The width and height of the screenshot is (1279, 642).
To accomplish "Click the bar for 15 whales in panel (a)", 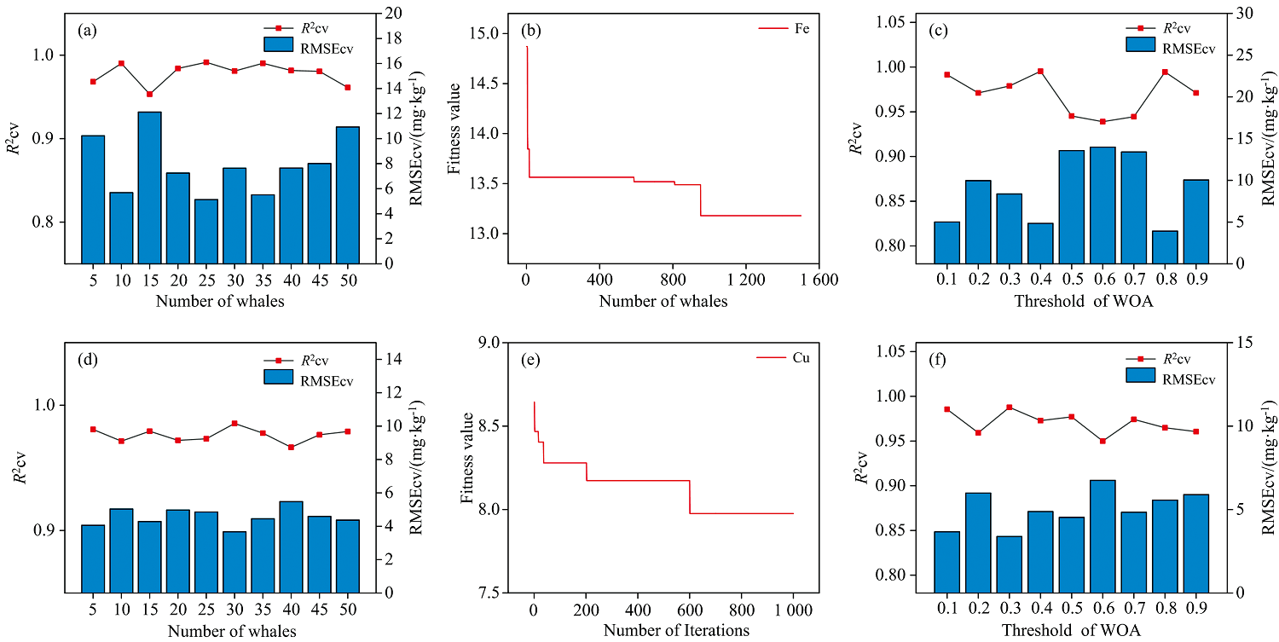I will (150, 188).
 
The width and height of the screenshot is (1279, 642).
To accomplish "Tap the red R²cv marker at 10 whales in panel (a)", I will (121, 63).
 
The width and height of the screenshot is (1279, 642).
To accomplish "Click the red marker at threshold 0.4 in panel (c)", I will (1040, 72).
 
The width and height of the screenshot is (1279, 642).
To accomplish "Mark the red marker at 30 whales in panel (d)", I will (234, 423).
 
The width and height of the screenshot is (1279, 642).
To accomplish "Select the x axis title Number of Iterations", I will (676, 631).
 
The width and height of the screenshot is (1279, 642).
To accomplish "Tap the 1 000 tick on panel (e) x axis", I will (792, 610).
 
